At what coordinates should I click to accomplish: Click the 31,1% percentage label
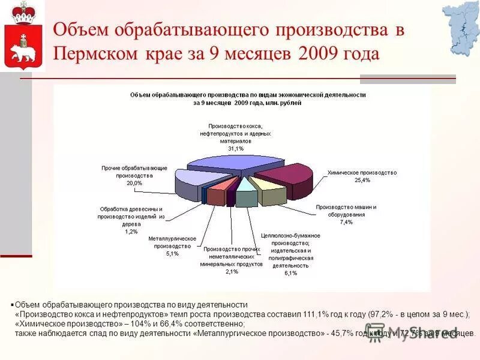point(235,148)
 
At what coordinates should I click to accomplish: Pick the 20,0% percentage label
point(134,183)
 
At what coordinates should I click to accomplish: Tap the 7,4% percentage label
point(346,222)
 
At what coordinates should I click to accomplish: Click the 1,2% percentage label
point(131,231)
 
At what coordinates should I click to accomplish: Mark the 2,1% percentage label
point(232,272)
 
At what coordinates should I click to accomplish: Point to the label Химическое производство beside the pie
point(362,172)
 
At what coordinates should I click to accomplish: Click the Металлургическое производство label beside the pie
point(172,242)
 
